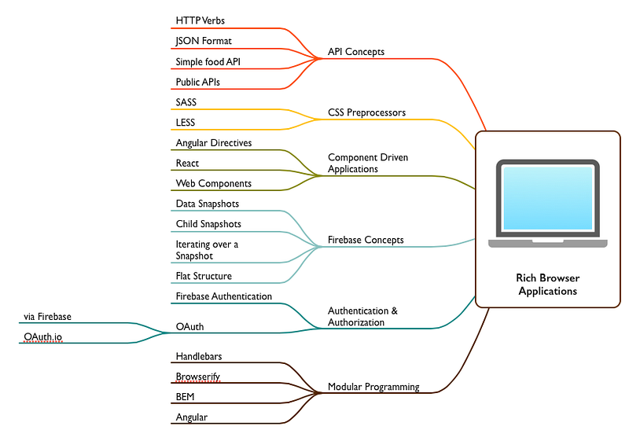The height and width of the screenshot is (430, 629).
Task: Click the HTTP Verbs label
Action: tap(200, 20)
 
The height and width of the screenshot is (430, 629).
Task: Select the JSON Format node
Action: tap(204, 41)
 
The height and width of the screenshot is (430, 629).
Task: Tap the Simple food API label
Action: tap(208, 62)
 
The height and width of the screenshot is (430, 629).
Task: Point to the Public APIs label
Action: tap(198, 82)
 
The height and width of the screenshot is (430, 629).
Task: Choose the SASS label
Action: tap(186, 102)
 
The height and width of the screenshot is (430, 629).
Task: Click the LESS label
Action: tap(186, 123)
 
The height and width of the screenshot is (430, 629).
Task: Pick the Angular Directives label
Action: tap(214, 143)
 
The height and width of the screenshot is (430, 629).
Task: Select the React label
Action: tap(187, 164)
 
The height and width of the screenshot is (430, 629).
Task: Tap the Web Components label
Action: tap(214, 183)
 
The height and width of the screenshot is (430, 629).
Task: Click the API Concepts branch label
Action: tap(356, 52)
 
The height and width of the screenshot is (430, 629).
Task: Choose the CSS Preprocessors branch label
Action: tap(366, 112)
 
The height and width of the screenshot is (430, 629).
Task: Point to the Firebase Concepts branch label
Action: tap(366, 240)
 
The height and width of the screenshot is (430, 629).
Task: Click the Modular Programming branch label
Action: tap(373, 387)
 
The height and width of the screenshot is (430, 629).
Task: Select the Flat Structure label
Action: tap(204, 276)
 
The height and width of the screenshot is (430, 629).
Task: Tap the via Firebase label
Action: tap(47, 317)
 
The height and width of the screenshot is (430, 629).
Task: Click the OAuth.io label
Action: tap(43, 337)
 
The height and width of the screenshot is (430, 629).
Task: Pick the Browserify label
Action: tap(198, 377)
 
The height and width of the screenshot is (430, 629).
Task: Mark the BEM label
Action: tap(185, 397)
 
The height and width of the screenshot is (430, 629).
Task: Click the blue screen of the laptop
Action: tap(548, 198)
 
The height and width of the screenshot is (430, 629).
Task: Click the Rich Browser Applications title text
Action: tap(548, 285)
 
